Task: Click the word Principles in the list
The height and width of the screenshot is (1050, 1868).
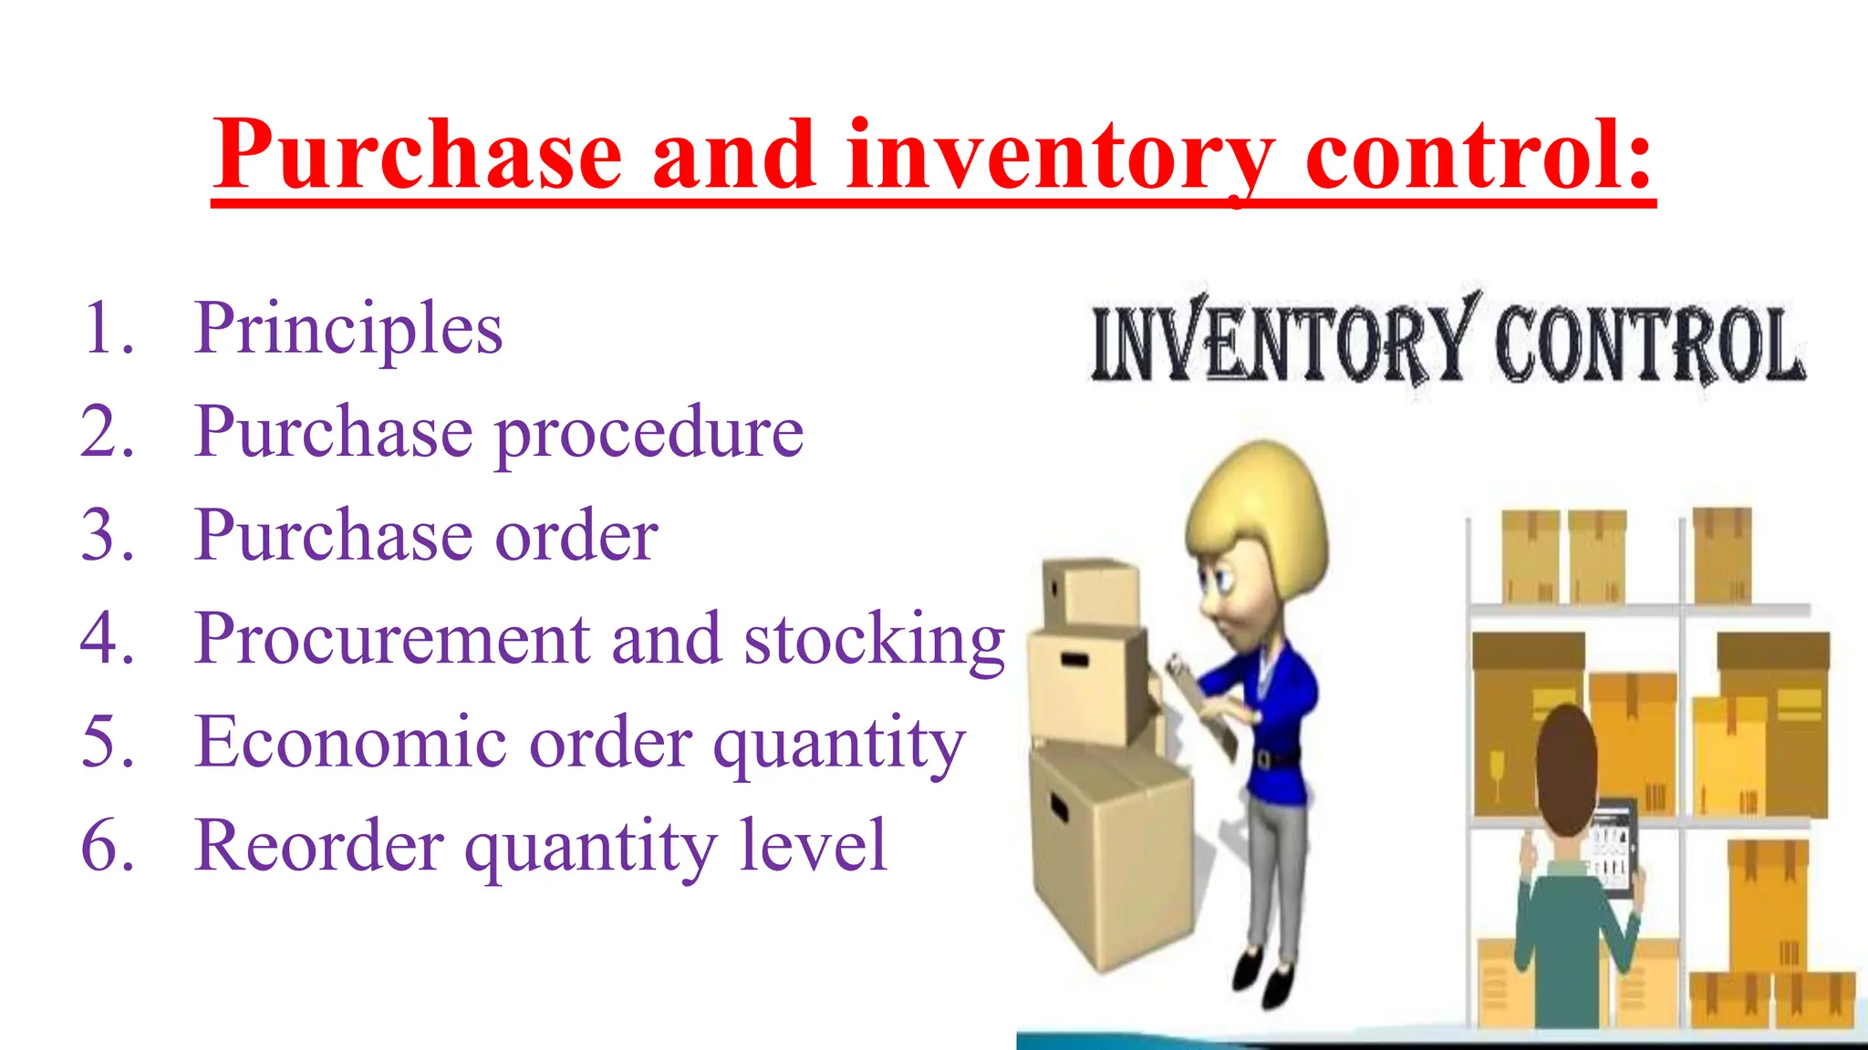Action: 348,330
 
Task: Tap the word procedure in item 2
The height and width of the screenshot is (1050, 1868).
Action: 649,433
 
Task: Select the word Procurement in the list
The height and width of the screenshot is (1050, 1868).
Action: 392,638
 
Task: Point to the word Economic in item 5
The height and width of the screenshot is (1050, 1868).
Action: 351,742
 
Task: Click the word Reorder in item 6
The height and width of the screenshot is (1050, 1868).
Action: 319,846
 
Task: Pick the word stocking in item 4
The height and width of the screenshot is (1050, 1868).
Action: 874,640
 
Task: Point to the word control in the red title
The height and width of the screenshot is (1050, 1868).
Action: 1478,155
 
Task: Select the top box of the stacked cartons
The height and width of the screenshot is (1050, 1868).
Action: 1091,592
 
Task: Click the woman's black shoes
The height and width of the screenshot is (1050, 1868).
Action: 1263,980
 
